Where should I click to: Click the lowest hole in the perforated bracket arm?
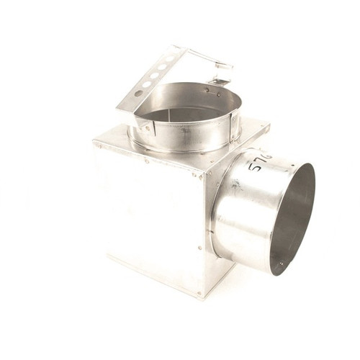point(138,93)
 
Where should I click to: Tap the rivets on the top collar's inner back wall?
point(209,91)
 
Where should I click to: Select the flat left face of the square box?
point(144,216)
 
